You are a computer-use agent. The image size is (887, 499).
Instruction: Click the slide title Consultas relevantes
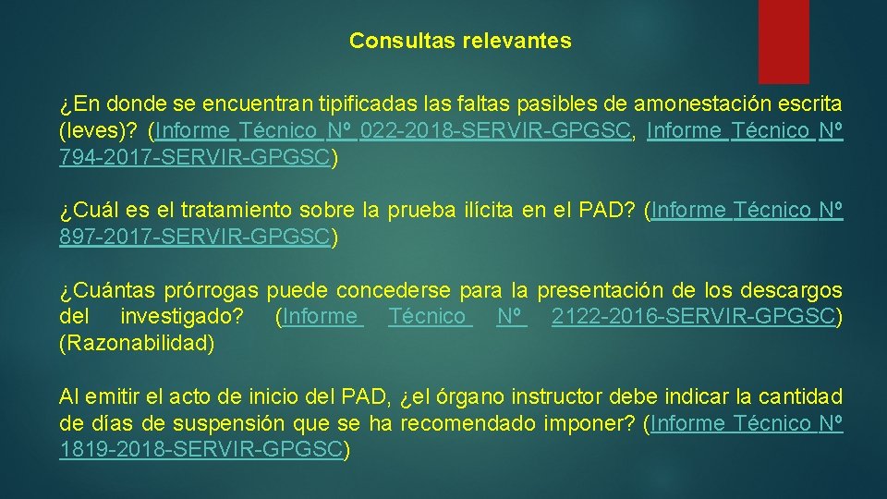460,42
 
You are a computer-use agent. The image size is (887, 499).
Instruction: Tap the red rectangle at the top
783,41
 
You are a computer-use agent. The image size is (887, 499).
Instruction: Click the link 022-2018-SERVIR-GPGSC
497,131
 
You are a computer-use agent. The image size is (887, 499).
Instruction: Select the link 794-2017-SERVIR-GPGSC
194,157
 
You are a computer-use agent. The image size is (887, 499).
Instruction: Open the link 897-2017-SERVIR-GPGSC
194,237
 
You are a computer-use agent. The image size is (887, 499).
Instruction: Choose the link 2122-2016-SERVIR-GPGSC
693,317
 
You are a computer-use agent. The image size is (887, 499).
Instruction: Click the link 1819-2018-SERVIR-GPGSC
200,450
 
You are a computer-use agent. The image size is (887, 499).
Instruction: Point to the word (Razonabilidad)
137,344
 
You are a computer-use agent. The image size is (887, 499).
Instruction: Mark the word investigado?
182,317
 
